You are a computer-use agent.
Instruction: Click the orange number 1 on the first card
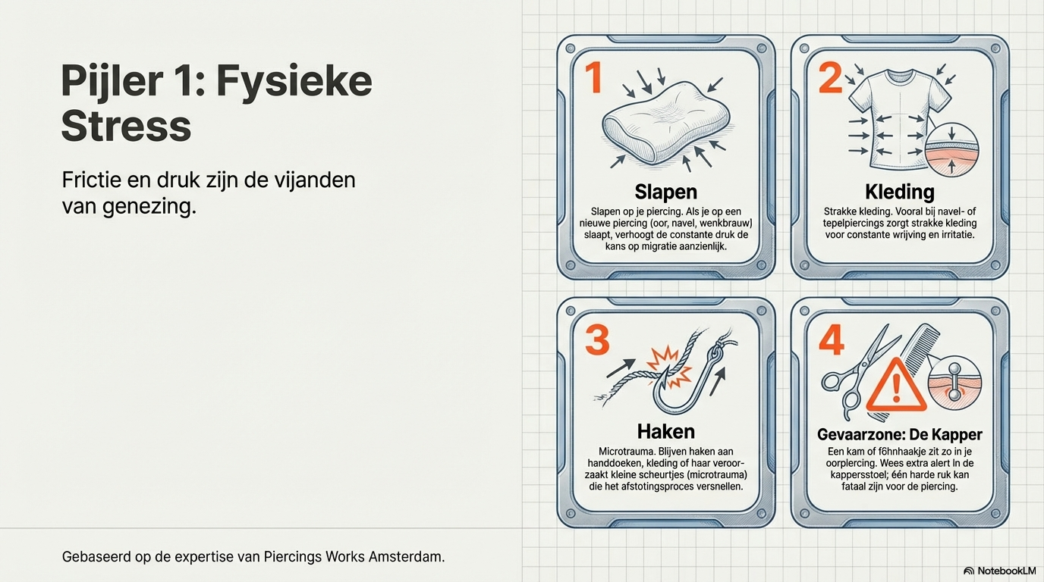point(594,77)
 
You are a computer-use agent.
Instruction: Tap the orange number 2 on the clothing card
point(830,77)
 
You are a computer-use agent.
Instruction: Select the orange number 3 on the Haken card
point(597,340)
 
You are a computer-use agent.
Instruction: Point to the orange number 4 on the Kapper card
point(832,340)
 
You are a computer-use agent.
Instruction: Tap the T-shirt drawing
point(898,119)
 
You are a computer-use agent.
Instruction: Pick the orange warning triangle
point(896,386)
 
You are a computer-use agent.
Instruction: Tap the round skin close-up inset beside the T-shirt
point(951,149)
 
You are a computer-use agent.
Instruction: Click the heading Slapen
point(666,192)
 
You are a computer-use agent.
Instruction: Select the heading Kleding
point(900,192)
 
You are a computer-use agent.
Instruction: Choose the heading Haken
point(666,432)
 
